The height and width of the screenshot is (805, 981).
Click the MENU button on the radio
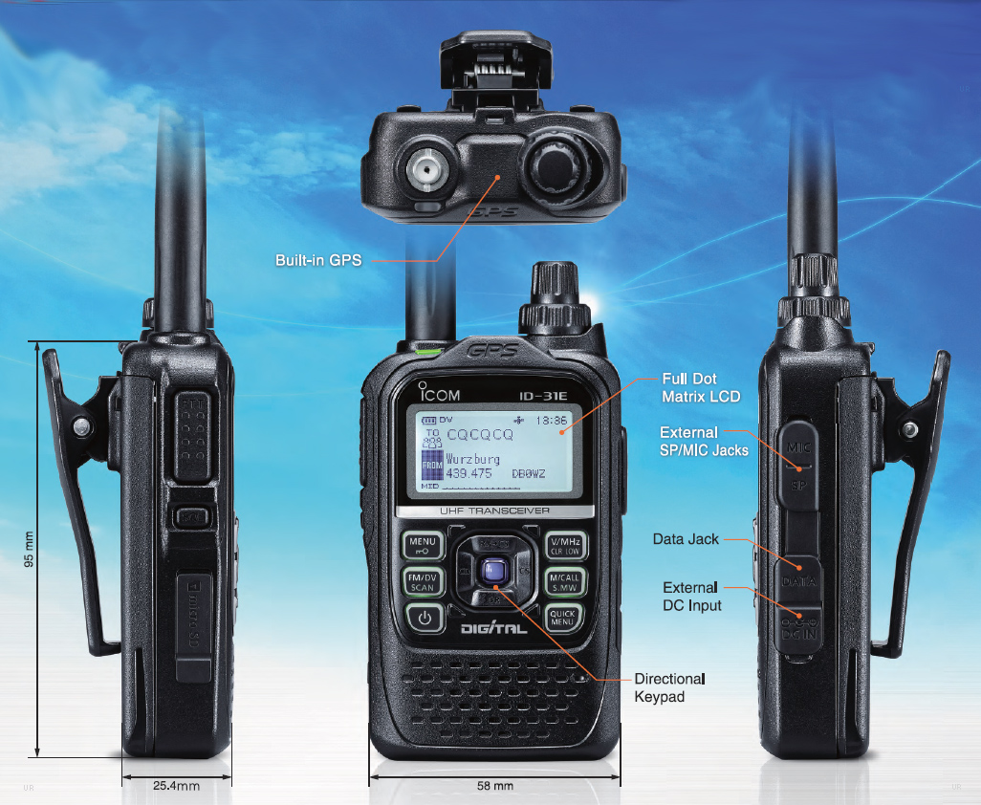(x=422, y=546)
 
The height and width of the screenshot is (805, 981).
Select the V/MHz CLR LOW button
(x=564, y=546)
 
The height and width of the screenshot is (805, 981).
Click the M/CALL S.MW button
(x=564, y=582)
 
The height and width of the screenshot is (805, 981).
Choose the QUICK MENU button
(x=563, y=618)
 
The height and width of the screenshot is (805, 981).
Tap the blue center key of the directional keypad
(x=493, y=572)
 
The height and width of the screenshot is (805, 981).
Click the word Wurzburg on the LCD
(x=472, y=459)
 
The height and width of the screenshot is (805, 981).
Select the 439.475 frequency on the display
(x=469, y=472)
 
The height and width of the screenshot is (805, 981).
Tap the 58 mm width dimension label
(x=495, y=786)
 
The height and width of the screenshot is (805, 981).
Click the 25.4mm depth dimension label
(x=176, y=786)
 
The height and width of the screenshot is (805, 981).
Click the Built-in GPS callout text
(x=318, y=260)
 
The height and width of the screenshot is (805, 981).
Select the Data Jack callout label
(x=686, y=539)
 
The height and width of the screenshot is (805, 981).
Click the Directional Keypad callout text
(x=669, y=687)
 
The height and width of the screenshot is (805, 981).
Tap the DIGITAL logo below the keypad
(x=493, y=629)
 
